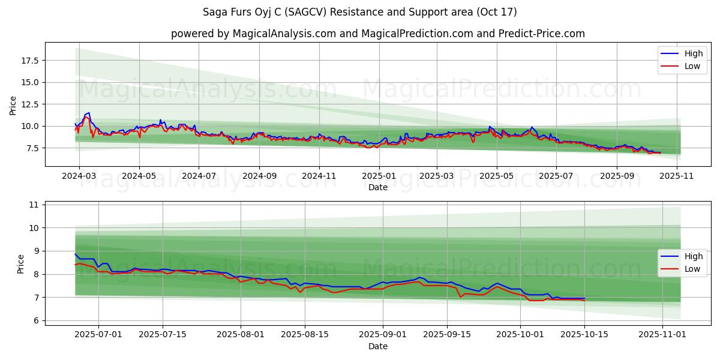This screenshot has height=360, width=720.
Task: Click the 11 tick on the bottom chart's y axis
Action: click(34, 205)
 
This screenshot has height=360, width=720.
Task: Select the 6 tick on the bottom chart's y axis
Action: click(35, 321)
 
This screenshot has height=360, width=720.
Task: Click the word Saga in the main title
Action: click(215, 12)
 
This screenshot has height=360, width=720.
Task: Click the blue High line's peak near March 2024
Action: click(89, 113)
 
